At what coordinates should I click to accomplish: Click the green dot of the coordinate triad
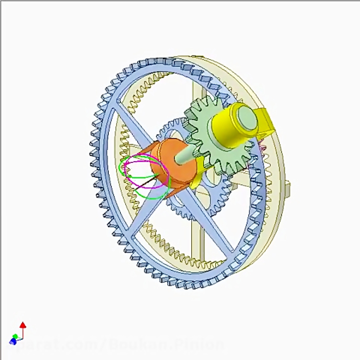15,336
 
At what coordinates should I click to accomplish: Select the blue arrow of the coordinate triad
12,341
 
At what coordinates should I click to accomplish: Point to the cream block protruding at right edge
287,188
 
